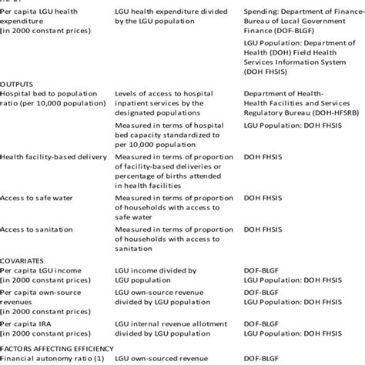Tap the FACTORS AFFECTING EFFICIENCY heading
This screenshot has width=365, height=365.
pyautogui.click(x=56, y=347)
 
